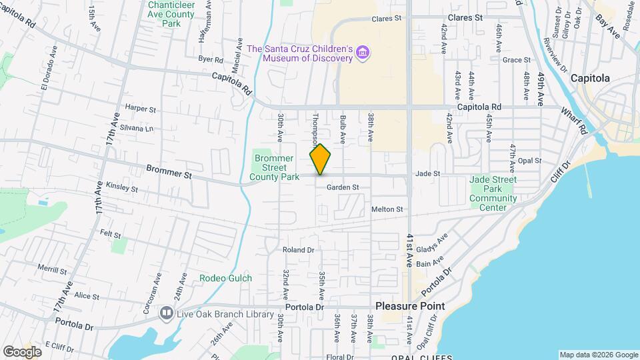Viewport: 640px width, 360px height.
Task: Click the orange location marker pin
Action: tap(320, 159)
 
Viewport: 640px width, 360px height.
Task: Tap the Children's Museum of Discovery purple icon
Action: tap(363, 53)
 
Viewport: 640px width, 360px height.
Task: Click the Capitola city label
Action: tap(589, 78)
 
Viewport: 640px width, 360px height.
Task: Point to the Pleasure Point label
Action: tap(409, 306)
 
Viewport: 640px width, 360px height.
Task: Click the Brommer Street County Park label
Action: tap(275, 167)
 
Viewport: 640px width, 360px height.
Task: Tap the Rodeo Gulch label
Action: tap(226, 277)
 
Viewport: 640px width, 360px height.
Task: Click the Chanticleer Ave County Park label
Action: tap(171, 13)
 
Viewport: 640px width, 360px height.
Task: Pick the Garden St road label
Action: tap(343, 187)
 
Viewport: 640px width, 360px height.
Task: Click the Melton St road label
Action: tap(387, 209)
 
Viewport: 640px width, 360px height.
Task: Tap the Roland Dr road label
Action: tap(298, 250)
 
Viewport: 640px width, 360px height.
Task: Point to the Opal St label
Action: tap(529, 161)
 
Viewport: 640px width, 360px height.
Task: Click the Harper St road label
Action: tap(140, 108)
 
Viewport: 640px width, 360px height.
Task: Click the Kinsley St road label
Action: tap(121, 189)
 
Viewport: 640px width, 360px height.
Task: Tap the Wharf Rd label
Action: tap(573, 119)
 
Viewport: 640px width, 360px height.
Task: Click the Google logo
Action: tap(21, 351)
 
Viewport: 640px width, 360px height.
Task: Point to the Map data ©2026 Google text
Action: tap(598, 355)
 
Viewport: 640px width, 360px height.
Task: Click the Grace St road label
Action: tap(516, 60)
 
